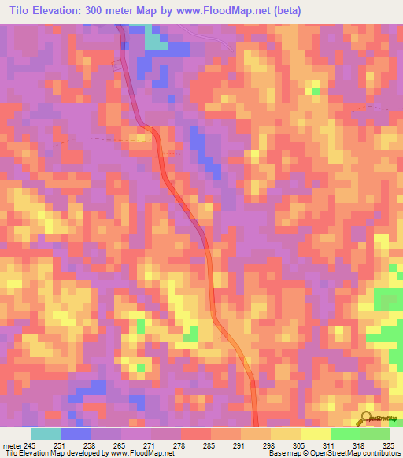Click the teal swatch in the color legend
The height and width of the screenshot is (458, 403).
46,434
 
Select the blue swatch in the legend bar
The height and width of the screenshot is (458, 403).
76,434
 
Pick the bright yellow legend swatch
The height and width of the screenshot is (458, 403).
315,434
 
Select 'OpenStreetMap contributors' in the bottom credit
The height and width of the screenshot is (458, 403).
361,454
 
